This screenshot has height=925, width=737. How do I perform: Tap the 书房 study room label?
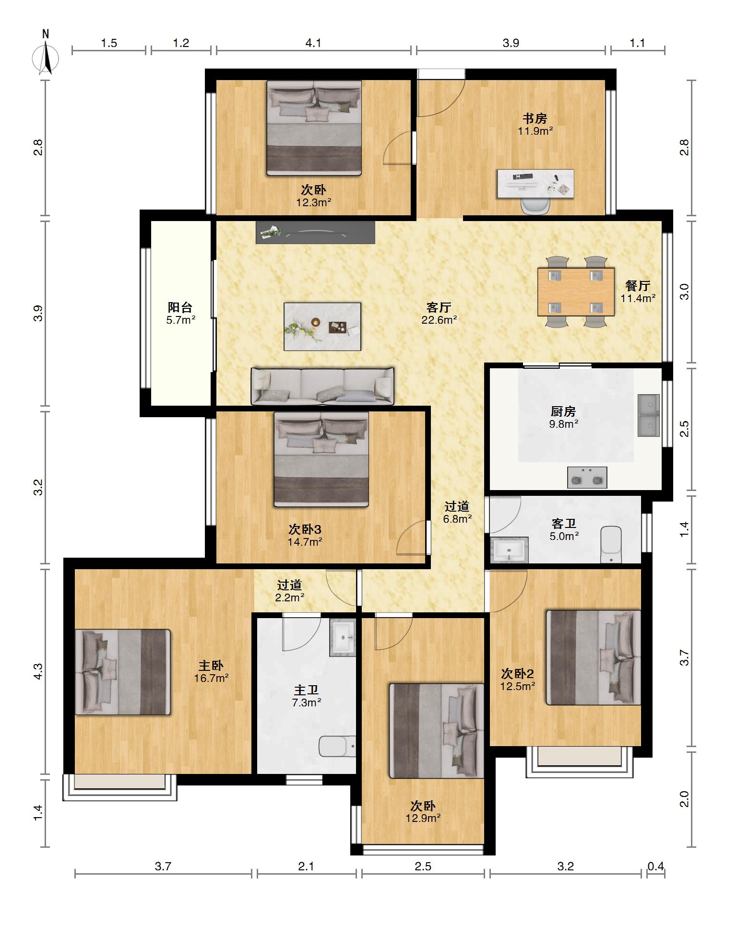click(x=535, y=118)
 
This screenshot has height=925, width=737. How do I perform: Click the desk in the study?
click(x=535, y=183)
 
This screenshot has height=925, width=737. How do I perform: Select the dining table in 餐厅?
click(x=576, y=292)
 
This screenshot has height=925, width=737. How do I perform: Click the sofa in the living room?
click(x=322, y=386)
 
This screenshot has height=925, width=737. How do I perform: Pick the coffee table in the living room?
click(x=322, y=326)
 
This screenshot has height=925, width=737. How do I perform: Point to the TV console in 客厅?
click(x=315, y=233)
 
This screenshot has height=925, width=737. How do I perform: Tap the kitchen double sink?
click(x=649, y=415)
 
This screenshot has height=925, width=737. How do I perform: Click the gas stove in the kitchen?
click(x=587, y=478)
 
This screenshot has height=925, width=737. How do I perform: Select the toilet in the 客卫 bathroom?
click(x=611, y=545)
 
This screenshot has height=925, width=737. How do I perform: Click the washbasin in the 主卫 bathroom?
click(x=343, y=637)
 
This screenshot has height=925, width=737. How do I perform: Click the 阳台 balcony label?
click(x=180, y=307)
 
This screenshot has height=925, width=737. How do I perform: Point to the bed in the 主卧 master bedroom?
click(x=123, y=672)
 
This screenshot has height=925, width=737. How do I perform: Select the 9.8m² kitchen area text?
click(x=563, y=424)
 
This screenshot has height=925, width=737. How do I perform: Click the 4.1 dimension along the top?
click(x=313, y=43)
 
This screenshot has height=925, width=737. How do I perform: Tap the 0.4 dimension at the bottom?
click(x=656, y=866)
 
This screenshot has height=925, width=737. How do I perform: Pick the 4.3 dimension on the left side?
click(x=38, y=671)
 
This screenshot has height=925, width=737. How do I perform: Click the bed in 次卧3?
click(x=321, y=459)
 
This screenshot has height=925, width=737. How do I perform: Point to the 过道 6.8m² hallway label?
click(x=457, y=512)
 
